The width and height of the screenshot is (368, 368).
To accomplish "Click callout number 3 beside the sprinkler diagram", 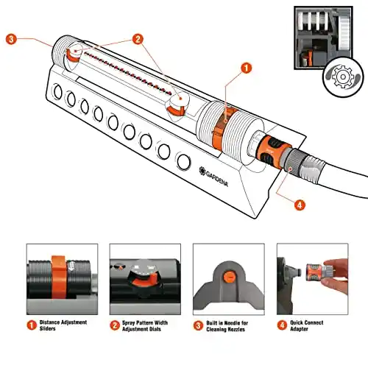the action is point(11,39).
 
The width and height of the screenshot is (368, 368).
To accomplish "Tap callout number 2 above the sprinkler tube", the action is point(138,39).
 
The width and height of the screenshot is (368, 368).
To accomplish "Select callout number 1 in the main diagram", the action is point(246,68).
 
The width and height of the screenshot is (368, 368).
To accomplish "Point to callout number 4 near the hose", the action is point(300,205).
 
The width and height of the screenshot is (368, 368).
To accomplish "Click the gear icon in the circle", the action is point(343,77).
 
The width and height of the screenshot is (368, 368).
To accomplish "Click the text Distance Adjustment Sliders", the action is point(63,325).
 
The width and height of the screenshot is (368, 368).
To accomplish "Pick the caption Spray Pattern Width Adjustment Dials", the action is point(145,326).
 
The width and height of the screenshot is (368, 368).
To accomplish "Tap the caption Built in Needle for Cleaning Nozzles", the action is point(227,326).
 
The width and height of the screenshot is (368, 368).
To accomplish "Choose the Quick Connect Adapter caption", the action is point(307,325).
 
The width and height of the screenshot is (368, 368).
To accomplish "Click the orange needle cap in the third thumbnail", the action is point(230,277).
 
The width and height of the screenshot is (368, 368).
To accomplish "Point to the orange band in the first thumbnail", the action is point(58,277).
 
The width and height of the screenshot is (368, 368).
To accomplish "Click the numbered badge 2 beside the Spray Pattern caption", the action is point(115,325).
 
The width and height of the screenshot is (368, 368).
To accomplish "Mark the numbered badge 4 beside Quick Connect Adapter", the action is point(282,325).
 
